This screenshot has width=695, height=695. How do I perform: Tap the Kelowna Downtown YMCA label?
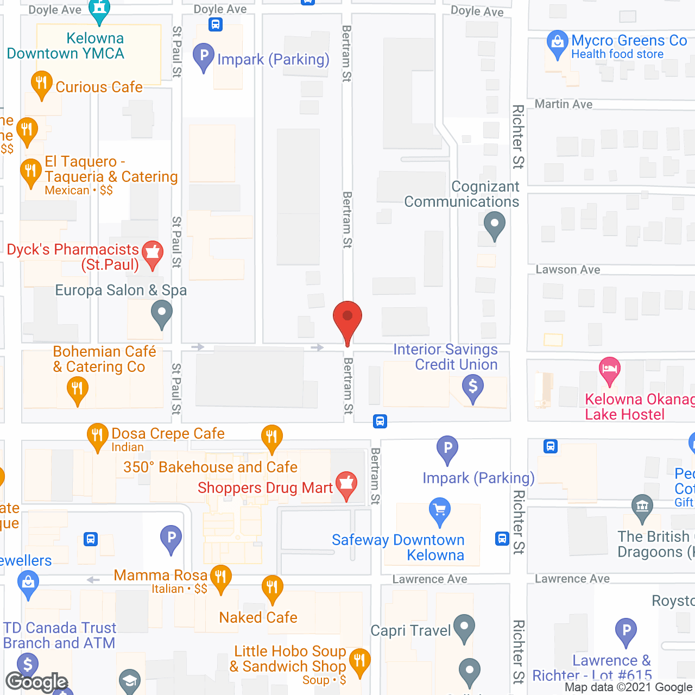66,46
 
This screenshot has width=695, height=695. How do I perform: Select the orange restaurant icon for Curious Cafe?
41,84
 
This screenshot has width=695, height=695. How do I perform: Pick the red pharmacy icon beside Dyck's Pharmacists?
153,254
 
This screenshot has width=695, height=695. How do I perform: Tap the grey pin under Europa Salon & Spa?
161,313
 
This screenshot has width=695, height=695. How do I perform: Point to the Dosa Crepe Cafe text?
168,433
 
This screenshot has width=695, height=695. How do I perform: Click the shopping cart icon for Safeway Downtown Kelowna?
440,510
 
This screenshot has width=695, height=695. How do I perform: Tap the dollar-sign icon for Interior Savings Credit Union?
472,388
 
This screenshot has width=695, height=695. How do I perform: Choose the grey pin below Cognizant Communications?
494,224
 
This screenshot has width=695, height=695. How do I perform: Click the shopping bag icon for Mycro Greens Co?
557,43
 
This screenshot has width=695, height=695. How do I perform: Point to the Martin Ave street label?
564,104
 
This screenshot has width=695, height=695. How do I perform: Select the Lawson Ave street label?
568,270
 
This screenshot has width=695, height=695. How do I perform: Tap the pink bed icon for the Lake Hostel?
609,370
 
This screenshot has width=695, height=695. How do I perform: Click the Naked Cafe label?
258,617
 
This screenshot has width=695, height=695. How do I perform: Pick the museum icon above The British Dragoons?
642,507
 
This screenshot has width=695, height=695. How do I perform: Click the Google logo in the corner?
37,681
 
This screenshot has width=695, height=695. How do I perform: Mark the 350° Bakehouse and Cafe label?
210,467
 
